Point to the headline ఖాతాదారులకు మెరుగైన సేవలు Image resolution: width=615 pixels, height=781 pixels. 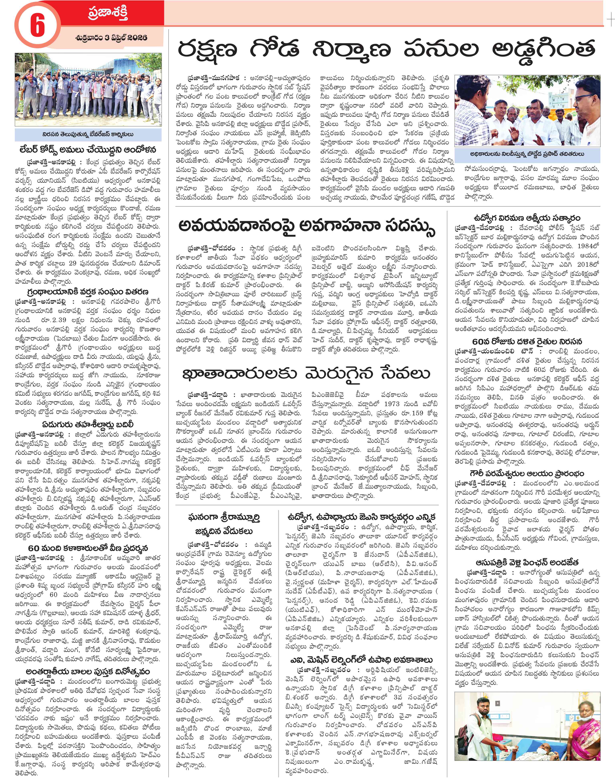coord(307,373)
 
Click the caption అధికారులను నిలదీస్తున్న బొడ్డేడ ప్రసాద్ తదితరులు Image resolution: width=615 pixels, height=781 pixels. coord(527,154)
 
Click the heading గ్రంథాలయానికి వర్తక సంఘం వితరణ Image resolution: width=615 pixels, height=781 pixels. coord(88,292)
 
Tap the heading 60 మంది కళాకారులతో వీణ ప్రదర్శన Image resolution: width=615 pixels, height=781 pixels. coord(88,548)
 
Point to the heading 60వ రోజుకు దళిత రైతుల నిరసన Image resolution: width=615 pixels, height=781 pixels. coord(527,341)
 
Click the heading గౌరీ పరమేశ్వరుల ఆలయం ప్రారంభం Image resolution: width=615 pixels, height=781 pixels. coord(527,473)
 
